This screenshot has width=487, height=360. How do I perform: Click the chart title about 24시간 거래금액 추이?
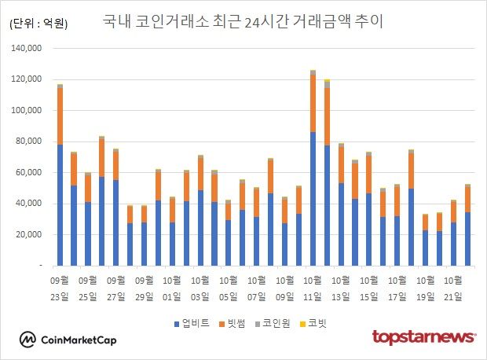click(x=243, y=21)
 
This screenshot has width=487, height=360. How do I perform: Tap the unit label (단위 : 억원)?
click(x=38, y=24)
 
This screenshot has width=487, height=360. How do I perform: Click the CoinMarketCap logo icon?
click(x=28, y=339)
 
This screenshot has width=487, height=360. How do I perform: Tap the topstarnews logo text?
click(x=423, y=337)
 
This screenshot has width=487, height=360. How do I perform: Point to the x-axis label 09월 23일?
click(x=60, y=288)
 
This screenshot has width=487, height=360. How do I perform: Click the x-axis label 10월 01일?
click(x=172, y=288)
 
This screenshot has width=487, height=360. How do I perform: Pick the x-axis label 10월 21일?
click(x=453, y=288)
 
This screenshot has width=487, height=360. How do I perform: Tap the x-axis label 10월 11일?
click(x=313, y=288)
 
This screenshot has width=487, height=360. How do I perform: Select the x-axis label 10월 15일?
click(x=369, y=288)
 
